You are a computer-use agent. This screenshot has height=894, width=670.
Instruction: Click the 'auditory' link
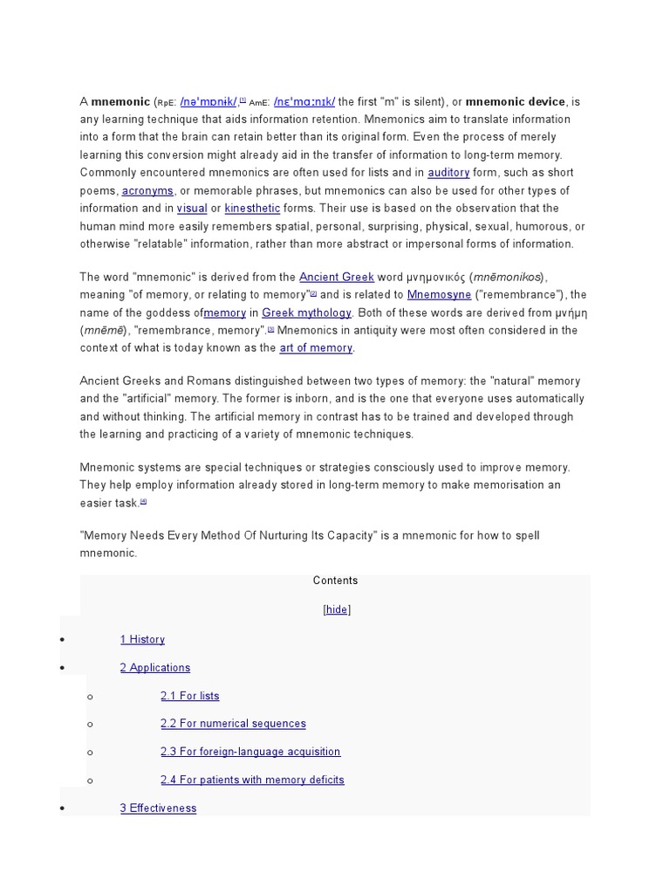pyautogui.click(x=448, y=173)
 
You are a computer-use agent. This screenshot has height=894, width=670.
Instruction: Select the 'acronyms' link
pyautogui.click(x=147, y=190)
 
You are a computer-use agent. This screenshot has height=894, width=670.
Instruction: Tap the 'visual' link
pyautogui.click(x=192, y=209)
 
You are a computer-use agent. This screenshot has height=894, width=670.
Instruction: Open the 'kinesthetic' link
pyautogui.click(x=252, y=209)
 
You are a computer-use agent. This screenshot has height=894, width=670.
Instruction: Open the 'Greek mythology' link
pyautogui.click(x=306, y=313)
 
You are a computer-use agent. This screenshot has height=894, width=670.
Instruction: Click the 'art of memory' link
pyautogui.click(x=316, y=347)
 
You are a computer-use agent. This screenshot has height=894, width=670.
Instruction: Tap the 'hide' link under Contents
pyautogui.click(x=336, y=609)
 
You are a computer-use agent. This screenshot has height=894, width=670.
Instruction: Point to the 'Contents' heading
pyautogui.click(x=335, y=581)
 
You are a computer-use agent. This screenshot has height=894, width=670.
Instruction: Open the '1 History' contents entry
pyautogui.click(x=142, y=640)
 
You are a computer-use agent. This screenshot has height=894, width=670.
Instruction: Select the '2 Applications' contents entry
pyautogui.click(x=154, y=668)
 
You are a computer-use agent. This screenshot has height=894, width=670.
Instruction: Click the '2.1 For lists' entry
pyautogui.click(x=189, y=696)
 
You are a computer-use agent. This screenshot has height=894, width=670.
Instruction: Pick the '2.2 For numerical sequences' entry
pyautogui.click(x=233, y=724)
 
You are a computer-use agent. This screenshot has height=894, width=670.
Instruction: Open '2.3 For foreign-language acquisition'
pyautogui.click(x=250, y=752)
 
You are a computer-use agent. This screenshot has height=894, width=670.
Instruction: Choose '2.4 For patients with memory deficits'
pyautogui.click(x=252, y=780)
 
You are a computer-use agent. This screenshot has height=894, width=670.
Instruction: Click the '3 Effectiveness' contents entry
pyautogui.click(x=158, y=808)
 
